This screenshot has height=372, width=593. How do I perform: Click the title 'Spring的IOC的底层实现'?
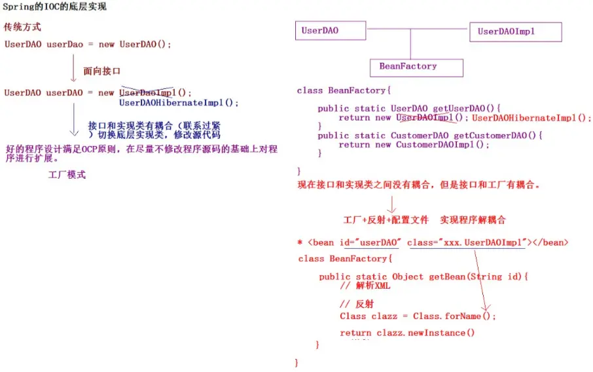55,7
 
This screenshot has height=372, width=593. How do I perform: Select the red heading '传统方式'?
22,28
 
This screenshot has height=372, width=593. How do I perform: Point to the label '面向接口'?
102,71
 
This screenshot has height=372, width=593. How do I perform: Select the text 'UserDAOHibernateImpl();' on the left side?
179,103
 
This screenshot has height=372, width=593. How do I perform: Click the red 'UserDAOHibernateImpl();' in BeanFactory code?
531,118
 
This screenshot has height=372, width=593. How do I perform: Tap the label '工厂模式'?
67,175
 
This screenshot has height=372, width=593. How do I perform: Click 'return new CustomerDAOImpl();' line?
414,145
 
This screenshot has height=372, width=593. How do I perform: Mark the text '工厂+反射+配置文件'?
386,219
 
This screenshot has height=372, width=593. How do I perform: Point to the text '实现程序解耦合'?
473,219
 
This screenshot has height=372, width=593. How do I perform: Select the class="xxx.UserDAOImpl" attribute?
467,242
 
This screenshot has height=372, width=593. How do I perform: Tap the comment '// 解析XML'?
365,286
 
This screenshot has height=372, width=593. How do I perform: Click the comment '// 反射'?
357,305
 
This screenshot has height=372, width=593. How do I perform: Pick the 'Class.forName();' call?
454,316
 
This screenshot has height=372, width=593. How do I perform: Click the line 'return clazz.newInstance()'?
407,333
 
